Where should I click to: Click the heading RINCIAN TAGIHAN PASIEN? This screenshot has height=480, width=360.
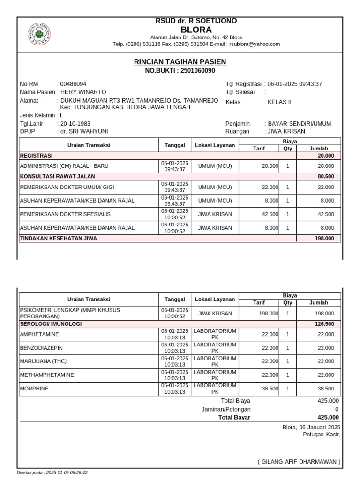tap(180, 62)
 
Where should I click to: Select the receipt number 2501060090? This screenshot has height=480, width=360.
tap(197, 71)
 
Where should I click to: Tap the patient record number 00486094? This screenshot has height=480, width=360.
tap(74, 84)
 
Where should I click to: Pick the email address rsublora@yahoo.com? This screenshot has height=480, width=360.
tap(254, 44)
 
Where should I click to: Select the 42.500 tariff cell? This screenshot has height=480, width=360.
tap(270, 214)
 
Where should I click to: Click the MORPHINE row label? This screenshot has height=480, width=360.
tap(34, 389)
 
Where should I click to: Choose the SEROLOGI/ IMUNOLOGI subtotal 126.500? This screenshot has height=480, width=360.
tap(324, 324)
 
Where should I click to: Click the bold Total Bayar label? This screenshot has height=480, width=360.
tap(234, 418)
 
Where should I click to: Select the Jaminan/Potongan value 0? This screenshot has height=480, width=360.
tap(337, 409)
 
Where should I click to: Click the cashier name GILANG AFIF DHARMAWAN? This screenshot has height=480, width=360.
tap(299, 462)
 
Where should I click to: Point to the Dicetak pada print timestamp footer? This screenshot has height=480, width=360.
tap(52, 472)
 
